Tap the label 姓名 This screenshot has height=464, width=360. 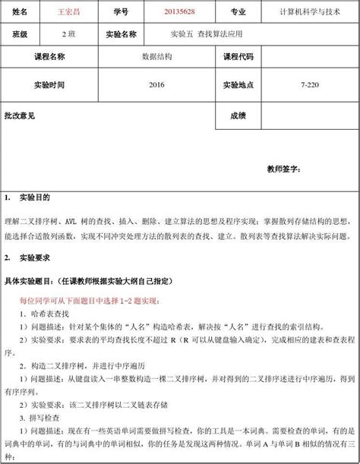point(21,14)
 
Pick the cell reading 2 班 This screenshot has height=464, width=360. point(67,35)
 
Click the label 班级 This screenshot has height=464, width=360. point(21,35)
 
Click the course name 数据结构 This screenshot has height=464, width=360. point(156,57)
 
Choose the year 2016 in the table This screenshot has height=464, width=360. point(156,84)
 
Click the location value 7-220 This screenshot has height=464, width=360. point(309,84)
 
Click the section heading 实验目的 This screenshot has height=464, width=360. point(33,198)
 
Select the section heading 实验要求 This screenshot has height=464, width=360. point(33,257)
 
